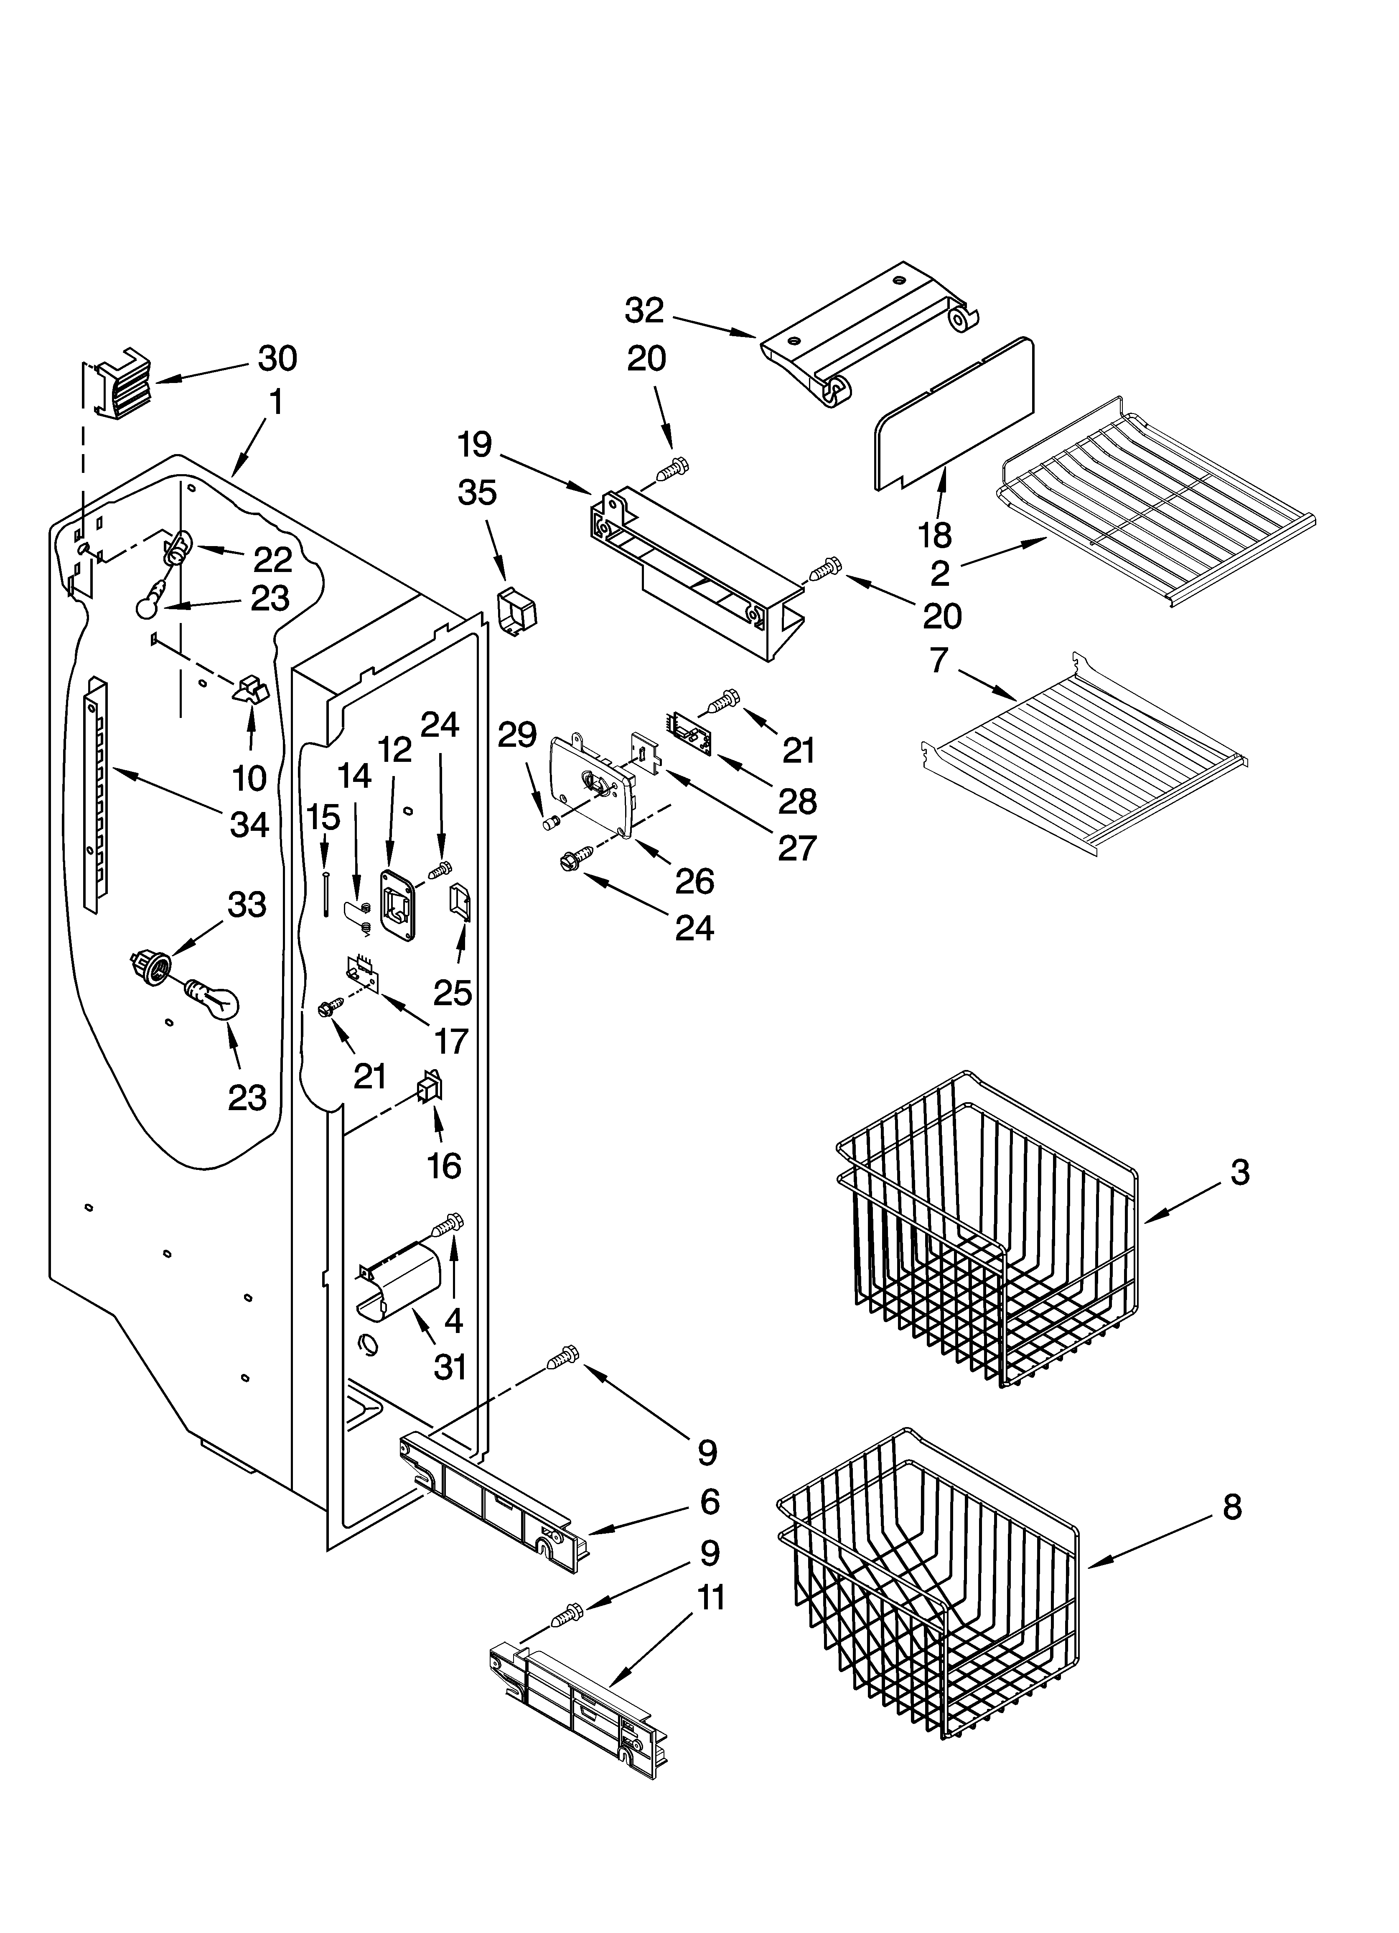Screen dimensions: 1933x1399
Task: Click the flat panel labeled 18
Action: point(954,415)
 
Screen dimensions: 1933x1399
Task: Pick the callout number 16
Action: point(444,1164)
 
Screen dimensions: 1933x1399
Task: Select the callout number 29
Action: point(517,735)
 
